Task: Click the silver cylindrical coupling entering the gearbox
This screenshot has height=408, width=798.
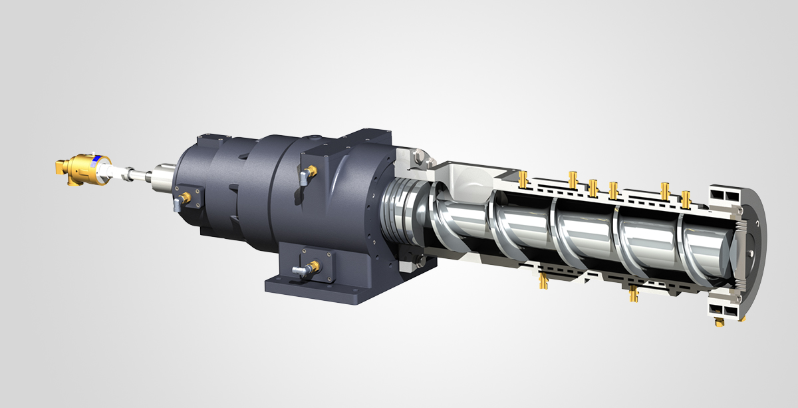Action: pos(159,178)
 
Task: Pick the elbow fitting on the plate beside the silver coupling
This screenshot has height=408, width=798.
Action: pos(179,200)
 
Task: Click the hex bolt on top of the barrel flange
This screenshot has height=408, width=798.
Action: pos(417,158)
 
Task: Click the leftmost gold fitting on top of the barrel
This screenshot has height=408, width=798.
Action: pos(522,178)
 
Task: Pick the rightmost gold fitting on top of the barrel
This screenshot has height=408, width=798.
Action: pos(686,198)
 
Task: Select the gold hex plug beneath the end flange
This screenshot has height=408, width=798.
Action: pos(720,321)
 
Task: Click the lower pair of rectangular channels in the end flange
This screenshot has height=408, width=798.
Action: pos(721,307)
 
